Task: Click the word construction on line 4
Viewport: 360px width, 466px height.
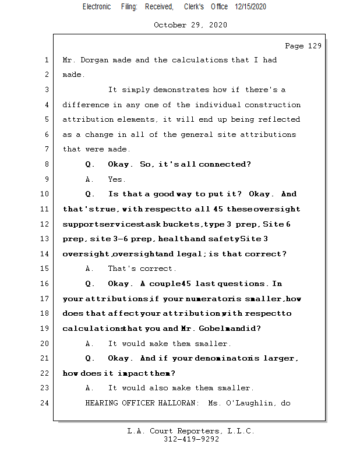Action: pyautogui.click(x=273, y=105)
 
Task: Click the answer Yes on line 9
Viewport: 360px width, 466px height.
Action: pyautogui.click(x=117, y=179)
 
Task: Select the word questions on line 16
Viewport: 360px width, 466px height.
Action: pyautogui.click(x=245, y=284)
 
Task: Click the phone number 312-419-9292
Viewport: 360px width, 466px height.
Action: pyautogui.click(x=191, y=439)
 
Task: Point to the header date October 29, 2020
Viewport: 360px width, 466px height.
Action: pyautogui.click(x=190, y=25)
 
